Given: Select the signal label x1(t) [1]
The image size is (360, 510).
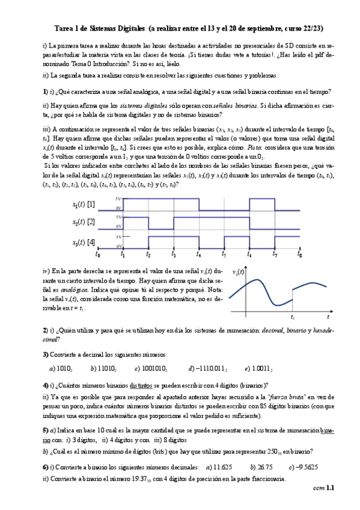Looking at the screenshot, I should [x=83, y=204].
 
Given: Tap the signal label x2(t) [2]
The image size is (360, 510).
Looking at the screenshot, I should [x=83, y=223].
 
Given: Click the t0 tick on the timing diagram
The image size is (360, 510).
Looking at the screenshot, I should [x=98, y=254].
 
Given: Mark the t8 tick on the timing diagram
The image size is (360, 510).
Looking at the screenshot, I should [x=299, y=254].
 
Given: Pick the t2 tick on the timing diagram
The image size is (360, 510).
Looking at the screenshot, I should [x=148, y=254].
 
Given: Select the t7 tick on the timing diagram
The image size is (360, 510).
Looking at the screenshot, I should [x=275, y=254].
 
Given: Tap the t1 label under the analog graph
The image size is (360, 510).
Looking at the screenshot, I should [x=293, y=316].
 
